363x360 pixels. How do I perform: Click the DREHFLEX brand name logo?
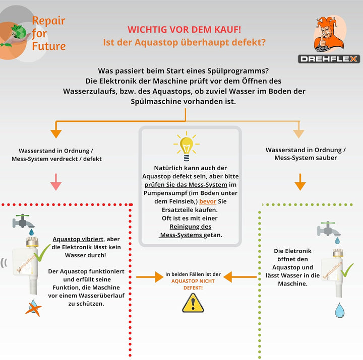329,59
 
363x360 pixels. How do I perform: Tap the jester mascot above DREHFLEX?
328,34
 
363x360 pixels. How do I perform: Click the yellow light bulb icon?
187,146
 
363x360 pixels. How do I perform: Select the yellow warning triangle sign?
193,303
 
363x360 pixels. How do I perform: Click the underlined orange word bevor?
208,201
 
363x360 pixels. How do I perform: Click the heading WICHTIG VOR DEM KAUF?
185,30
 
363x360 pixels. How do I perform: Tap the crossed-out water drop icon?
33,308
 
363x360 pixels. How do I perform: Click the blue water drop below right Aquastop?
339,310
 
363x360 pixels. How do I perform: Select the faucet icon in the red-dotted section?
23,223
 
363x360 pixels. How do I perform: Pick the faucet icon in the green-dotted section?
329,231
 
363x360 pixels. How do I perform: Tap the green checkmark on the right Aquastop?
346,270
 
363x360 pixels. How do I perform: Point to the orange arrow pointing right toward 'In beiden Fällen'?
150,277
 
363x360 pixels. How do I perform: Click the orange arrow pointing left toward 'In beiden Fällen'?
240,277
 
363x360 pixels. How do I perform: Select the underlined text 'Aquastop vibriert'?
78,239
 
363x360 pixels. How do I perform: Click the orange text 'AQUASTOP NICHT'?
193,281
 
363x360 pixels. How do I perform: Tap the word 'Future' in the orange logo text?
49,46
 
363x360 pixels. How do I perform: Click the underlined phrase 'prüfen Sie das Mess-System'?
186,185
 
